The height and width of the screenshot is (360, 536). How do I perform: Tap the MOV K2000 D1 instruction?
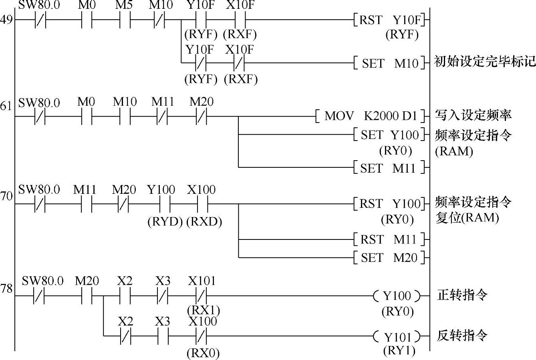coord(371,117)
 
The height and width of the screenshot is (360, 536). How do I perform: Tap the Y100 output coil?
coord(397,296)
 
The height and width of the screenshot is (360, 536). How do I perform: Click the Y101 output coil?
coord(397,336)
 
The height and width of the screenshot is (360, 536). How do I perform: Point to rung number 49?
coord(6,20)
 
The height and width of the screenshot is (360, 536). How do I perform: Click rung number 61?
coord(6,106)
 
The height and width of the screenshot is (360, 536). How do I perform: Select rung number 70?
coord(6,196)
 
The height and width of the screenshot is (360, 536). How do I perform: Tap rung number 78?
coord(6,288)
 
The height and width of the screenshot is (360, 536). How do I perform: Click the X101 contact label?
coord(202,281)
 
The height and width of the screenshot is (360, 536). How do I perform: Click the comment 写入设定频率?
coord(473,116)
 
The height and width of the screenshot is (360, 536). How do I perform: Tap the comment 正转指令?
coord(462,296)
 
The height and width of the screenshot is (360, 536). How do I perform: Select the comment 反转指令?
coord(462,336)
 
